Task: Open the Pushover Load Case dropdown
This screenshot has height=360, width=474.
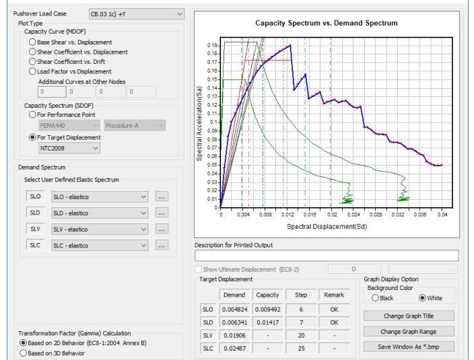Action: click(x=136, y=14)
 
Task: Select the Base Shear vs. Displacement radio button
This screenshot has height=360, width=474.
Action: click(x=32, y=42)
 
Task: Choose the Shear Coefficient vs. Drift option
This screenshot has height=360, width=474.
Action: click(x=32, y=62)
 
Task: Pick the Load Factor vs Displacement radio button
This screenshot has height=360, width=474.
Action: click(x=32, y=71)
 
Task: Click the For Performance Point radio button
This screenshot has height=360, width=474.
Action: click(x=32, y=115)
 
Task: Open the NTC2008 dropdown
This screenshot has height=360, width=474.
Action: click(x=69, y=148)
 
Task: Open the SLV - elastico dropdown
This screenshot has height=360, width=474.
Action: click(x=100, y=229)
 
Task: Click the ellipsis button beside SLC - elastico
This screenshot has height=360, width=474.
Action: click(x=162, y=245)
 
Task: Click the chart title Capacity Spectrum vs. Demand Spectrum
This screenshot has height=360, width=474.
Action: click(x=327, y=24)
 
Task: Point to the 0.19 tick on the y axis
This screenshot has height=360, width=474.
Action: click(x=212, y=45)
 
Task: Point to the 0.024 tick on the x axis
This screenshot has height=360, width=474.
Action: click(x=353, y=215)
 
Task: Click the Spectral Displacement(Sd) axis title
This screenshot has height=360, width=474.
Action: click(x=327, y=227)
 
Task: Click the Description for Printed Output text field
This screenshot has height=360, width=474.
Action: click(x=327, y=256)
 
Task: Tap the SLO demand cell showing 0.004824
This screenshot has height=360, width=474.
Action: click(x=234, y=310)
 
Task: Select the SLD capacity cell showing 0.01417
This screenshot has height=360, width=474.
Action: click(x=267, y=322)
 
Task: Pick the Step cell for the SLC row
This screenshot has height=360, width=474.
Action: click(x=301, y=349)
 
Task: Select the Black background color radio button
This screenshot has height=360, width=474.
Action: click(x=375, y=298)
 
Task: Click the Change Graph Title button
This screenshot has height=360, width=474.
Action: click(x=409, y=316)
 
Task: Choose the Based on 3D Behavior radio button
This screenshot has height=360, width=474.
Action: click(x=23, y=353)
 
